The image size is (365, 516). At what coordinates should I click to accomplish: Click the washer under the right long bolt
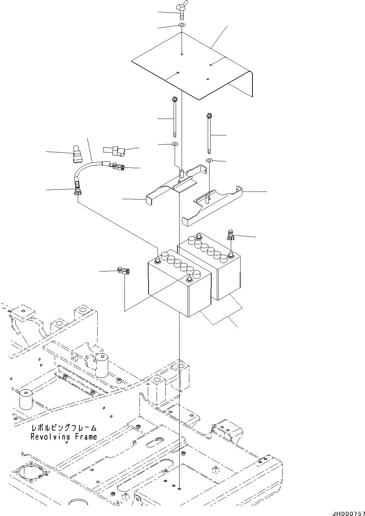[209, 160]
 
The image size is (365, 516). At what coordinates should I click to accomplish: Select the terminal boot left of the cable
[77, 155]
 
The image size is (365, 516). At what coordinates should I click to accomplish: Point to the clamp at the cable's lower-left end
[77, 190]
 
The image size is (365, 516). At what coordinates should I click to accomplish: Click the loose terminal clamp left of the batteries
[123, 270]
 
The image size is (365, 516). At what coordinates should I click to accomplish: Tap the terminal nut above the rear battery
[230, 236]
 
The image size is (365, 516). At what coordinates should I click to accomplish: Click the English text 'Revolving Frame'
[64, 436]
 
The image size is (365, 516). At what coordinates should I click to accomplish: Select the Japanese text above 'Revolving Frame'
[64, 428]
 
